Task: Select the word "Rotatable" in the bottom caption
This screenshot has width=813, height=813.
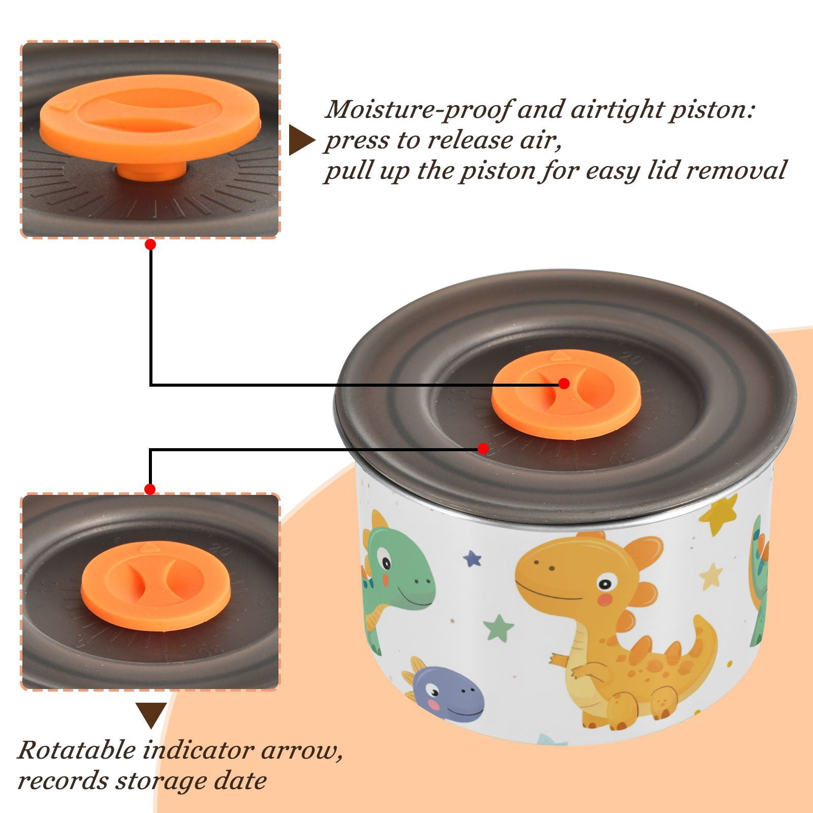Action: coord(77,750)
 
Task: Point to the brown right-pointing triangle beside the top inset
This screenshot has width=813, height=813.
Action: coord(301,141)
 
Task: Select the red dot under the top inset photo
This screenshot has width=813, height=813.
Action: coord(150,244)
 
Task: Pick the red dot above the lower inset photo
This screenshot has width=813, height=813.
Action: coord(150,489)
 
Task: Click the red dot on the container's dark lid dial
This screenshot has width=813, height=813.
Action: coord(483,449)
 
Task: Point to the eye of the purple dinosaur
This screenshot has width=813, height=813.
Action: coord(433,690)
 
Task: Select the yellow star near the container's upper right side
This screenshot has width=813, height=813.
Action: coord(718,514)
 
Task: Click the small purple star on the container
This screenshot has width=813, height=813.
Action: coord(473,559)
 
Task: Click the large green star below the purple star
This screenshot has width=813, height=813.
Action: coord(498,628)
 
